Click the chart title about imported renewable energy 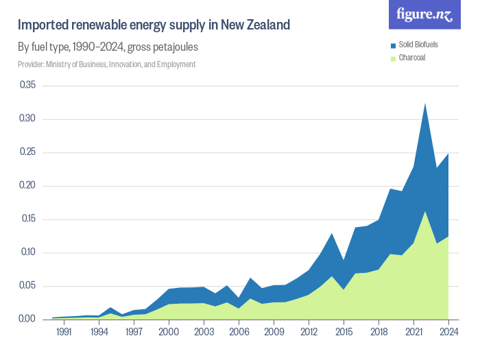[x=154, y=25]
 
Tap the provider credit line [x=106, y=64]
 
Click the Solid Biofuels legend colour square [x=393, y=45]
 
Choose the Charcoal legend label [x=412, y=58]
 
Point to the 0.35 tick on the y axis [x=27, y=85]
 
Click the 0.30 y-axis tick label [x=27, y=119]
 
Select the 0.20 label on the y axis [x=27, y=185]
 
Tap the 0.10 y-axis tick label [x=27, y=252]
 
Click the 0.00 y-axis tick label [x=27, y=319]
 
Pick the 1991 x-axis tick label [x=64, y=332]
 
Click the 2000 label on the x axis [x=169, y=332]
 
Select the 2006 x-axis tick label [x=239, y=332]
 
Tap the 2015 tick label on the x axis [x=344, y=332]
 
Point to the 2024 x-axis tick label [x=448, y=332]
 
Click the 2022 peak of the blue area [x=425, y=104]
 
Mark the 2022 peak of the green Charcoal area [x=425, y=211]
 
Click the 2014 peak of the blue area [x=332, y=234]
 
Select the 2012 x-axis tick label [x=309, y=332]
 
